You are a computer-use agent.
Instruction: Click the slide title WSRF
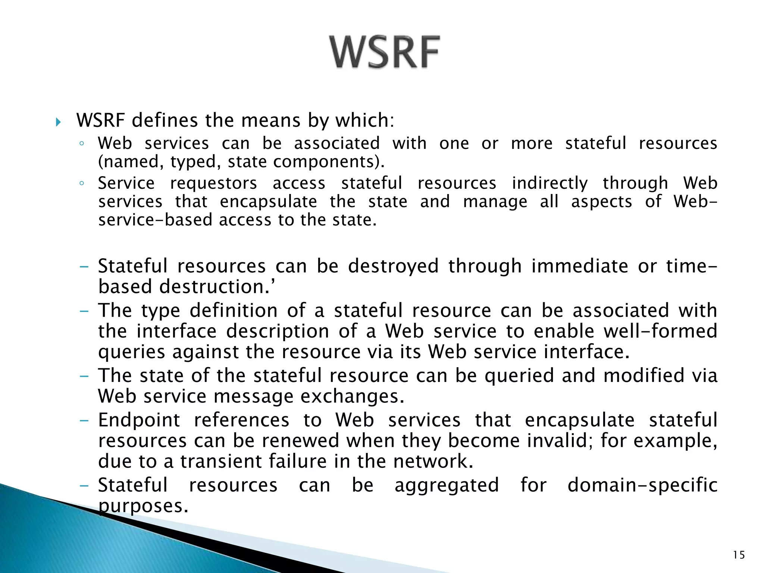(385, 52)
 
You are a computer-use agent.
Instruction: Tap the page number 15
(738, 555)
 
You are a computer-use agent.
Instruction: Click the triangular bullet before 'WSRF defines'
(58, 122)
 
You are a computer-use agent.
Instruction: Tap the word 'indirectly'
(549, 183)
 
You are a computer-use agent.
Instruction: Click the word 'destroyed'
(393, 266)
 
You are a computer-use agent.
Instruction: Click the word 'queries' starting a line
(131, 352)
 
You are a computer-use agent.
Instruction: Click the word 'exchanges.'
(352, 396)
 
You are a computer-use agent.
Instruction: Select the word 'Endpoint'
(139, 420)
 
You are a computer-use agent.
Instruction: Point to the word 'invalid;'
(560, 441)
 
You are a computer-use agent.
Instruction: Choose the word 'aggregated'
(447, 485)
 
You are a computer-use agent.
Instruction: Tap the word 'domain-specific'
(642, 485)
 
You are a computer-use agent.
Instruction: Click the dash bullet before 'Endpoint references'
(84, 420)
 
